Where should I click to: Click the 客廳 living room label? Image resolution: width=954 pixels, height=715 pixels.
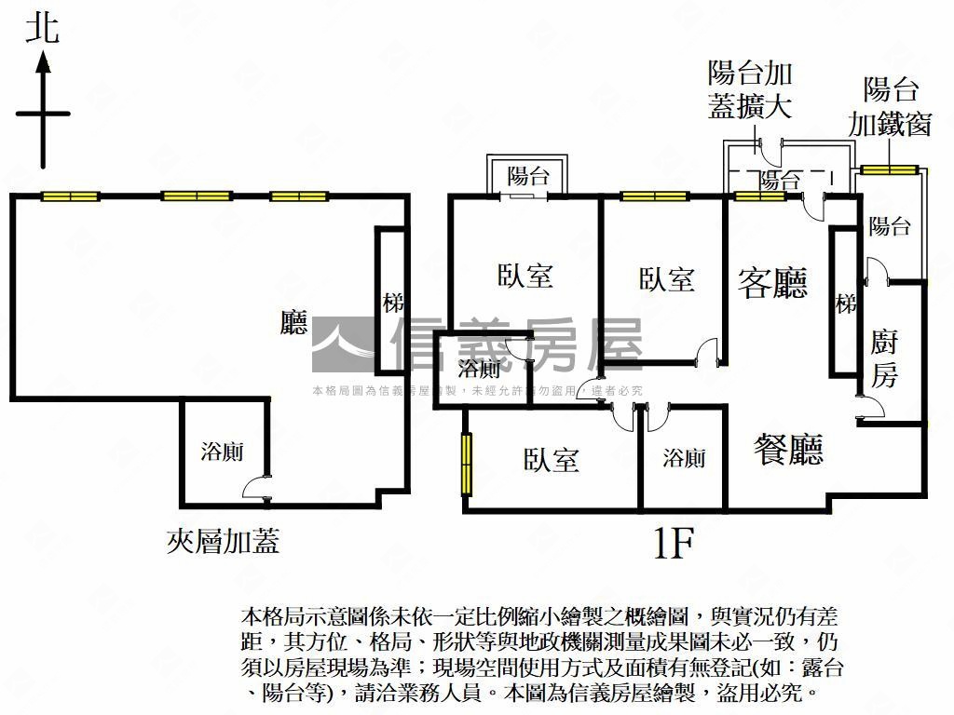pos(772,282)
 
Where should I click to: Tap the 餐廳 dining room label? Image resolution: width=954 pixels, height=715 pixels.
pos(788,451)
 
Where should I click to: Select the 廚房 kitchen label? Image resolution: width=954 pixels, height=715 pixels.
pos(884,358)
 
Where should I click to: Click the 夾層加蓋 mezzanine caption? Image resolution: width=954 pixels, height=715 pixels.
pos(223,541)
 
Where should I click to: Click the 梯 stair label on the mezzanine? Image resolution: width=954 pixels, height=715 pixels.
pos(393,303)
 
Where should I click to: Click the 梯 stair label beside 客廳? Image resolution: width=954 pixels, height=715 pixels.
pos(845,304)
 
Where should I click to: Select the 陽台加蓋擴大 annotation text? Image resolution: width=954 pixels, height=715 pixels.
pos(750,90)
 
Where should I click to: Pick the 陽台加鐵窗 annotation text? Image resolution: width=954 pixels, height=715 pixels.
pos(890,108)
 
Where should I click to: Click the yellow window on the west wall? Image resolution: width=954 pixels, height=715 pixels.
pos(465,464)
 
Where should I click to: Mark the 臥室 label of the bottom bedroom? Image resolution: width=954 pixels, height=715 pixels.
pos(552,460)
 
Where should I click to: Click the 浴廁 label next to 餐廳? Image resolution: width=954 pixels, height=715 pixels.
pos(684,458)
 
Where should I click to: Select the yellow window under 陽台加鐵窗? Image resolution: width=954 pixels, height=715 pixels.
pos(889,169)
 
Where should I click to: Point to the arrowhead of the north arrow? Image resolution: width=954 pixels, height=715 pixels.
pos(43,62)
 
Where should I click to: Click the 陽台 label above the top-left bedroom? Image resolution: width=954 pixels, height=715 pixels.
pos(528,176)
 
